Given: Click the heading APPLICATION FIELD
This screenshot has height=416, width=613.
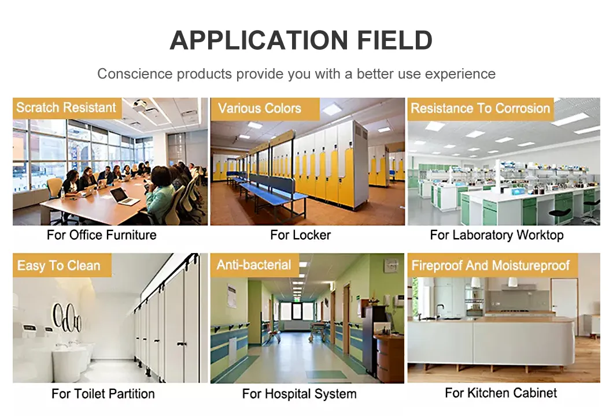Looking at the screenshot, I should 301,40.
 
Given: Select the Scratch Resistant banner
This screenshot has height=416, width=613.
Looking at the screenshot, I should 67,107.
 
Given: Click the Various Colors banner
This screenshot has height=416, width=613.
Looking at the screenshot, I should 260,108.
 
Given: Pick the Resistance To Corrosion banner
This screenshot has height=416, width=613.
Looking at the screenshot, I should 480,109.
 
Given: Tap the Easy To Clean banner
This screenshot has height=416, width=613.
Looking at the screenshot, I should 58,266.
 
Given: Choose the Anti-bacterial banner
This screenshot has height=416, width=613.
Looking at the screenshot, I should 254,265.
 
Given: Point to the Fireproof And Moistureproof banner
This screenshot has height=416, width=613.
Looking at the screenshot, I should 491,266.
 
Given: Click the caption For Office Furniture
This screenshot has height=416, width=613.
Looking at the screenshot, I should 102,235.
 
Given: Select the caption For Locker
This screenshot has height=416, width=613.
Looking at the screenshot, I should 301,235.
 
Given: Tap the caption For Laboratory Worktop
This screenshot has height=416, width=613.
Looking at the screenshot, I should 496,235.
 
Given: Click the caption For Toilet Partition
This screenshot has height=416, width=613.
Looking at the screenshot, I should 103,394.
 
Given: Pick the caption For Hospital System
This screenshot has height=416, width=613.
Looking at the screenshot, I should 299,394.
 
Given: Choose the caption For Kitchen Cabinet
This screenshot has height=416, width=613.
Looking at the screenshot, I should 501,393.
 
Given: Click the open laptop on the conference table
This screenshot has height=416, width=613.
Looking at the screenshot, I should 123,197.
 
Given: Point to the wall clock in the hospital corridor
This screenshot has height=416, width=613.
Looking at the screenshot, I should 391,265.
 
